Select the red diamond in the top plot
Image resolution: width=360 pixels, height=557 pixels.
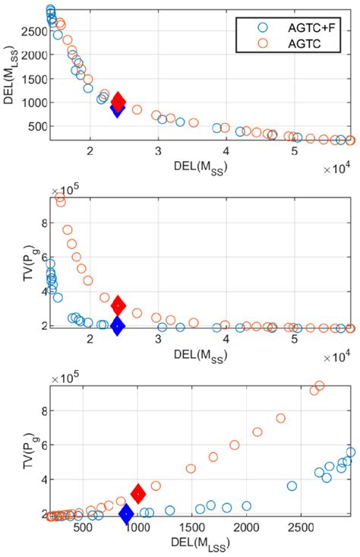pyautogui.click(x=118, y=101)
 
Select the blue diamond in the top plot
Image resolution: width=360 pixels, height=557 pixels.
pyautogui.click(x=117, y=109)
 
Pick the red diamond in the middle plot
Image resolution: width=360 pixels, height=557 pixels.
pyautogui.click(x=118, y=305)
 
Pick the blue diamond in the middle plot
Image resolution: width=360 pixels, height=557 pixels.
pyautogui.click(x=117, y=325)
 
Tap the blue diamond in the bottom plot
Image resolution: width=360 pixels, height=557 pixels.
pyautogui.click(x=126, y=514)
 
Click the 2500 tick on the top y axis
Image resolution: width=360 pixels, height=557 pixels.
pyautogui.click(x=31, y=32)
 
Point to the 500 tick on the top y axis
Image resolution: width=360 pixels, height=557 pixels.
pyautogui.click(x=34, y=126)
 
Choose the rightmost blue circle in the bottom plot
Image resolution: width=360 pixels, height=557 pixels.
pyautogui.click(x=350, y=452)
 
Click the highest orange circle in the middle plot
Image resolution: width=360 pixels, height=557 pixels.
pyautogui.click(x=60, y=201)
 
